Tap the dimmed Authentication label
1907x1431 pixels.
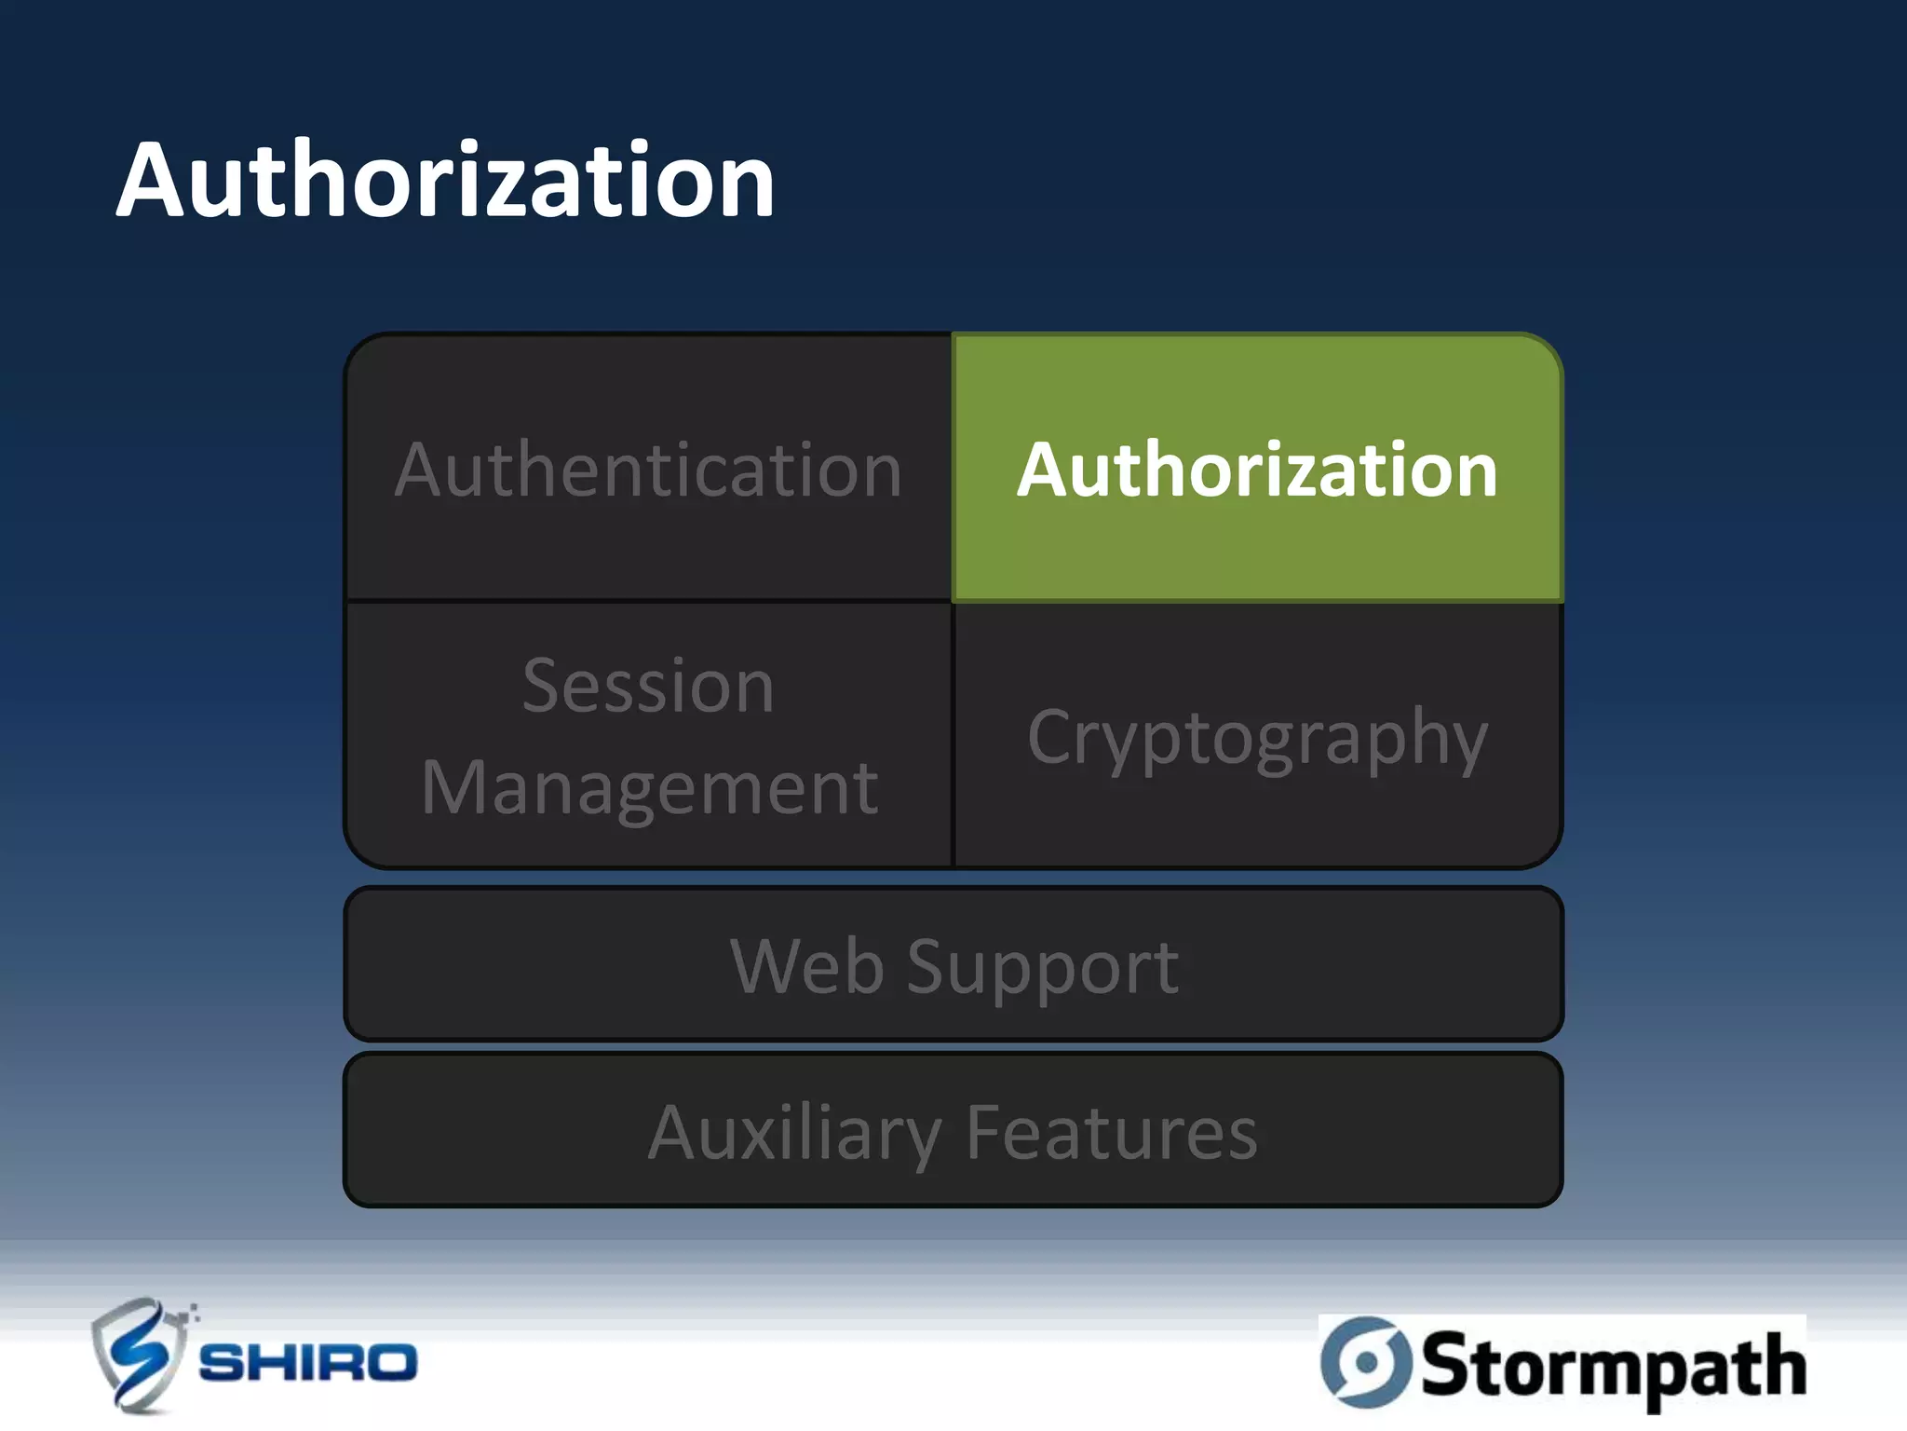pyautogui.click(x=648, y=470)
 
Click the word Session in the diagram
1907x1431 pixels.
pyautogui.click(x=648, y=687)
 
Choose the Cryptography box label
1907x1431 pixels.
pyautogui.click(x=1257, y=738)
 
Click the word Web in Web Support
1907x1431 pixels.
pyautogui.click(x=806, y=967)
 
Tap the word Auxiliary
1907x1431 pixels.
pyautogui.click(x=794, y=1134)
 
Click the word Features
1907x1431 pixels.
pyautogui.click(x=1112, y=1133)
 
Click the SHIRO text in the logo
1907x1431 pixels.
pyautogui.click(x=308, y=1363)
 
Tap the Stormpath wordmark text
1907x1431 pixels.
pyautogui.click(x=1613, y=1366)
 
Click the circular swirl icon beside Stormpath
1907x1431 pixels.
pyautogui.click(x=1366, y=1362)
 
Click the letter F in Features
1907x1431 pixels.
pyautogui.click(x=985, y=1133)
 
